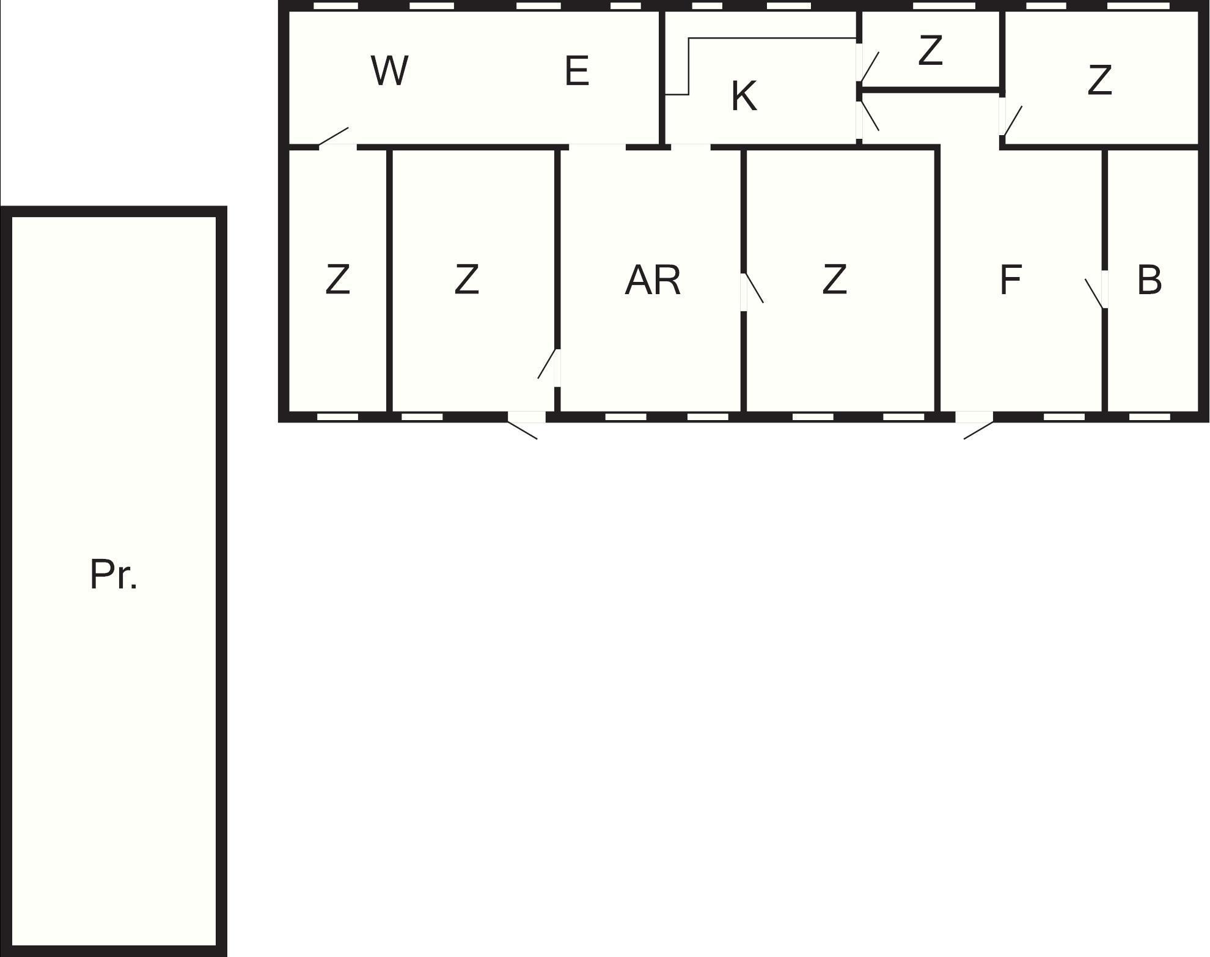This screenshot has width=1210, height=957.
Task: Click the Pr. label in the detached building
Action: (114, 574)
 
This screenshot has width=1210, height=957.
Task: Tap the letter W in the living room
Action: (389, 70)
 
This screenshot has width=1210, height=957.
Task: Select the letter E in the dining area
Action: (577, 70)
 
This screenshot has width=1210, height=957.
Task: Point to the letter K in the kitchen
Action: (744, 96)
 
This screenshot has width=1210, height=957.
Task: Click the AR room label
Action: (653, 280)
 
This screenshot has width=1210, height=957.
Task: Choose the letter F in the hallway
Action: (1011, 280)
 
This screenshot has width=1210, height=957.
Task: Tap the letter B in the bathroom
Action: (1149, 280)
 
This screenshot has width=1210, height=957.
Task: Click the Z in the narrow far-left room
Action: (337, 279)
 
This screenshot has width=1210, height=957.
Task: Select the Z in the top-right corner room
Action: (1099, 80)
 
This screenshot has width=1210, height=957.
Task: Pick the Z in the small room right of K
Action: (930, 51)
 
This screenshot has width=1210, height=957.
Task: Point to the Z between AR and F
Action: (834, 279)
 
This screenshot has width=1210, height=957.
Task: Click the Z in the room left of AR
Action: (466, 279)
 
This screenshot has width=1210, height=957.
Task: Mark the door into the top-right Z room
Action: (1011, 117)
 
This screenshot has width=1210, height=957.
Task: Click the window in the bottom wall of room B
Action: (1149, 417)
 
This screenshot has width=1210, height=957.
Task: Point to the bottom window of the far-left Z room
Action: (337, 417)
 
